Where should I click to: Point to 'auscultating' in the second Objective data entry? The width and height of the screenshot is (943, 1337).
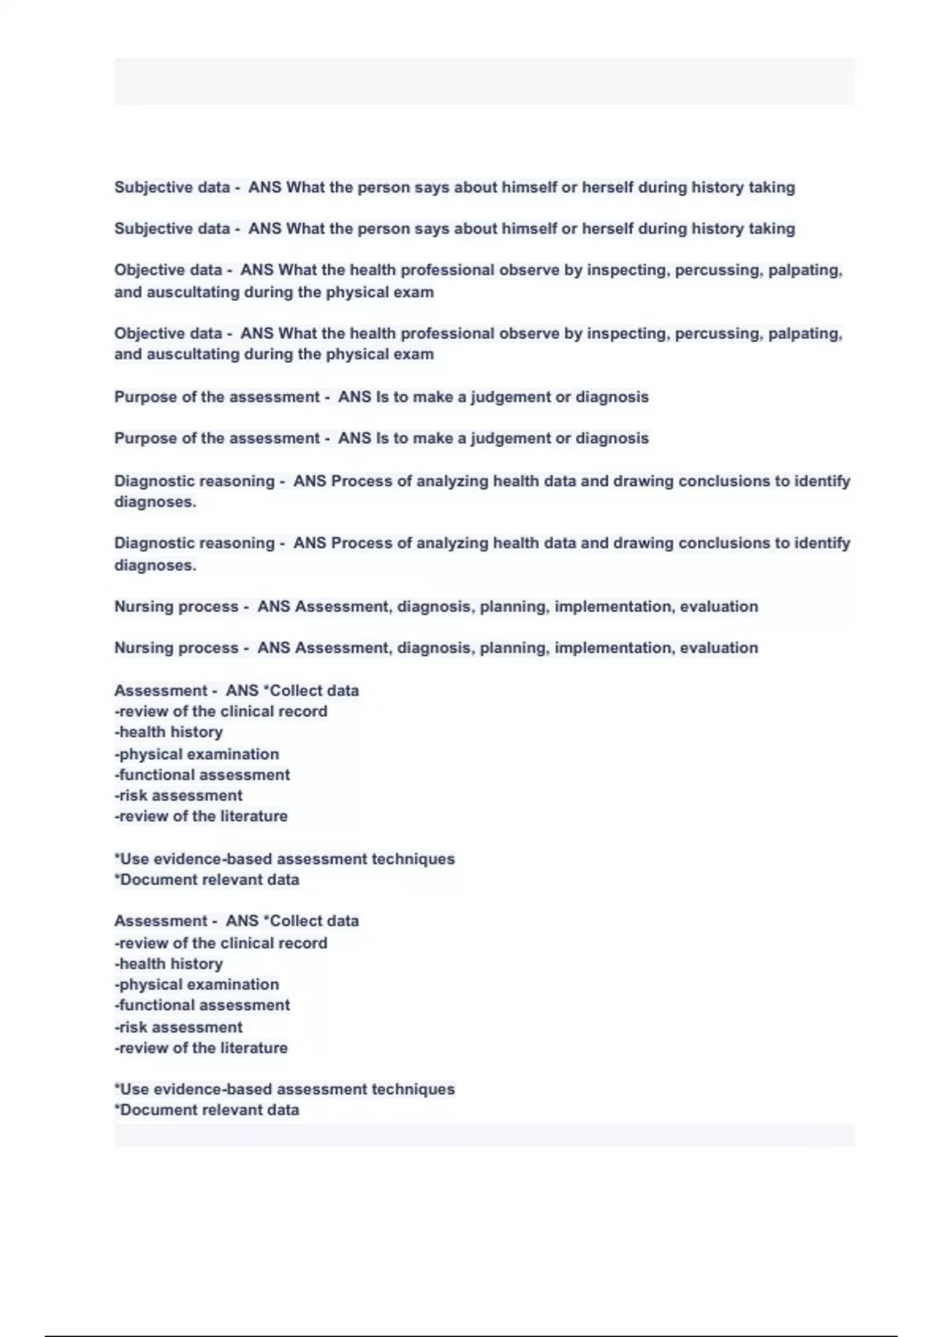(193, 355)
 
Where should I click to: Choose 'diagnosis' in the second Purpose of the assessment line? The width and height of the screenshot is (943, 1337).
(612, 439)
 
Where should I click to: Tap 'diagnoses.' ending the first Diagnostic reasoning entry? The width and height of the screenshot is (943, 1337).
(155, 503)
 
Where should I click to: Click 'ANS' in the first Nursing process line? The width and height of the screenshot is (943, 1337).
(273, 607)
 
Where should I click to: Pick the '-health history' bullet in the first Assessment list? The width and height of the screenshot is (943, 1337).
(169, 732)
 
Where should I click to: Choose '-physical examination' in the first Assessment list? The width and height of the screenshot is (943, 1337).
(196, 754)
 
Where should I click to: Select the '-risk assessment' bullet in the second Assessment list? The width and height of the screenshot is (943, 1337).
(178, 1028)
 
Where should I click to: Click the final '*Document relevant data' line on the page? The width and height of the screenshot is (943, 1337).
(207, 1110)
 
